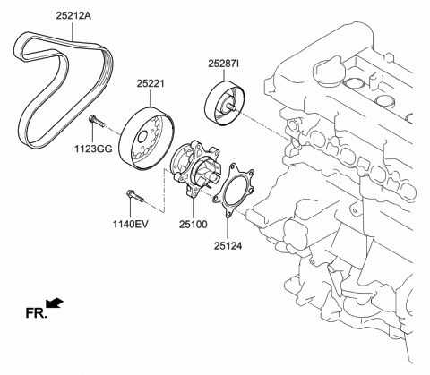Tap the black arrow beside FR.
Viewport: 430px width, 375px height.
pos(55,305)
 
